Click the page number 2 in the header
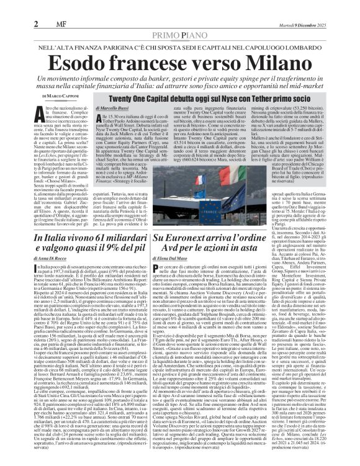(11, 7)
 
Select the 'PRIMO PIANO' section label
(180, 17)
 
